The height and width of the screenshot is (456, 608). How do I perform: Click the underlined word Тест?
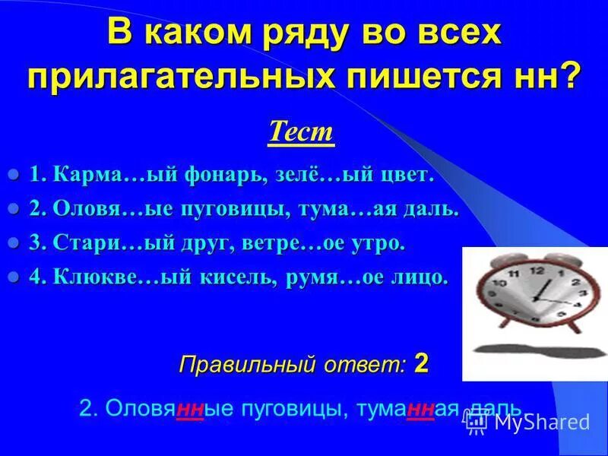coord(301,132)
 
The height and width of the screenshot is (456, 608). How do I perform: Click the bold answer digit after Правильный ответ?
coord(422,363)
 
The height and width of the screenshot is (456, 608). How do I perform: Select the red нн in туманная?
coord(420,408)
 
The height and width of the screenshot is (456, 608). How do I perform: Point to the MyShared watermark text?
coord(541,423)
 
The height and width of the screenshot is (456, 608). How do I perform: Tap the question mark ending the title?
coord(570,76)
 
